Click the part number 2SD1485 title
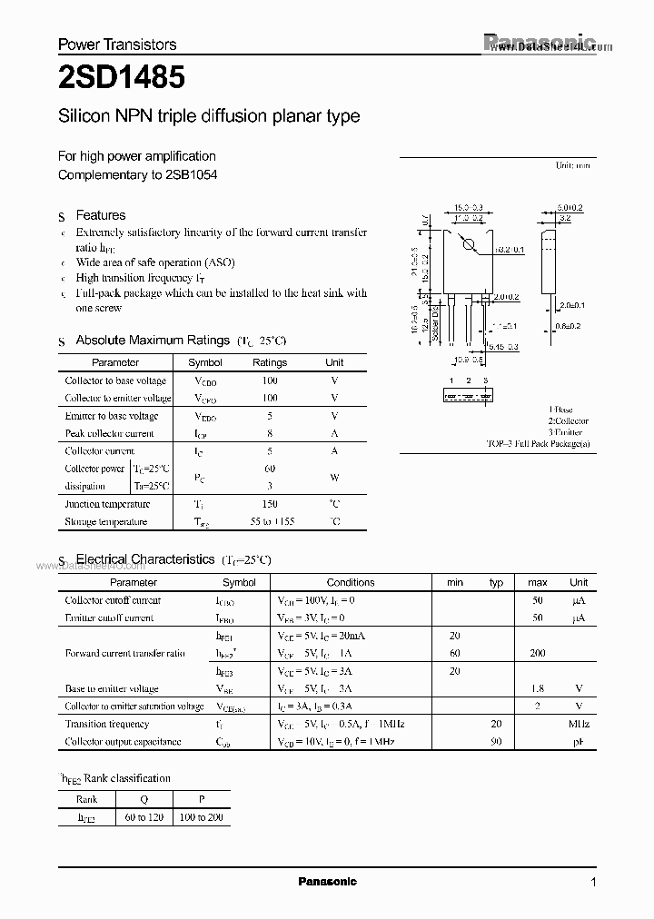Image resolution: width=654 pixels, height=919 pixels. pyautogui.click(x=121, y=78)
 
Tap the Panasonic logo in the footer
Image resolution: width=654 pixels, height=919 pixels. pyautogui.click(x=328, y=881)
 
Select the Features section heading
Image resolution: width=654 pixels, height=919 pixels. pyautogui.click(x=100, y=215)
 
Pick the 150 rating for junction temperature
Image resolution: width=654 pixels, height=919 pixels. pyautogui.click(x=269, y=504)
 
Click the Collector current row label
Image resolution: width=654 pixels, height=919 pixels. pyautogui.click(x=100, y=451)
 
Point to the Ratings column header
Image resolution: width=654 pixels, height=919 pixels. pyautogui.click(x=269, y=362)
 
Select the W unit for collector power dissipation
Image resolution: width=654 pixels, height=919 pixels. pyautogui.click(x=334, y=478)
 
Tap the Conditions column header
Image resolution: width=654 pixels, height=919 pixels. pyautogui.click(x=350, y=582)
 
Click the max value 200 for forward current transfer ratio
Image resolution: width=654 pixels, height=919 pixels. pyautogui.click(x=537, y=653)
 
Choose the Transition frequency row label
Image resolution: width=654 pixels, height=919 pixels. pyautogui.click(x=107, y=724)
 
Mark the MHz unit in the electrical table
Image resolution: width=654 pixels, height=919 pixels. pyautogui.click(x=579, y=724)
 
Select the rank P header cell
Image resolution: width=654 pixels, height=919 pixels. pyautogui.click(x=201, y=799)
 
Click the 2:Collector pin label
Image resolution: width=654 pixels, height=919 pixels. pyautogui.click(x=568, y=421)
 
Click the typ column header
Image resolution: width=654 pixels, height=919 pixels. pyautogui.click(x=496, y=582)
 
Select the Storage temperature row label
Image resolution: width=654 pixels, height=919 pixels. pyautogui.click(x=106, y=522)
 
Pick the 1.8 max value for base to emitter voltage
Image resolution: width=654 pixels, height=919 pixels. pyautogui.click(x=537, y=689)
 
